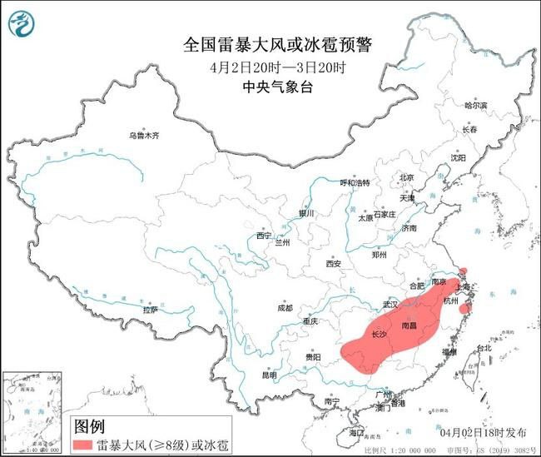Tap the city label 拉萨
tap(151, 310)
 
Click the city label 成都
tap(285, 308)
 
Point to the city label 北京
tap(406, 177)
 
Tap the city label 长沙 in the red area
tap(378, 334)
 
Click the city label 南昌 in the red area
tap(409, 325)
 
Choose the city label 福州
tap(449, 352)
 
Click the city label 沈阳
tap(459, 156)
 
